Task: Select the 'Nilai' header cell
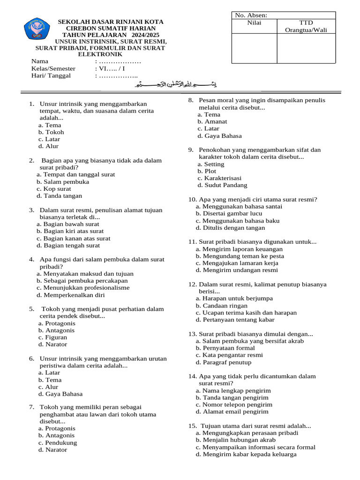(x=254, y=22)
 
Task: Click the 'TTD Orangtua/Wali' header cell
(x=306, y=26)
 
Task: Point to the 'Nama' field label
(x=40, y=61)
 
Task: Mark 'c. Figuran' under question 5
(x=52, y=337)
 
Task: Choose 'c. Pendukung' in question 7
(x=58, y=443)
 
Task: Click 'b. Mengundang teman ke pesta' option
(x=240, y=256)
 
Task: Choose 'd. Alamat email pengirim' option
(x=232, y=412)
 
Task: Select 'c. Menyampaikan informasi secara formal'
(x=255, y=447)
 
